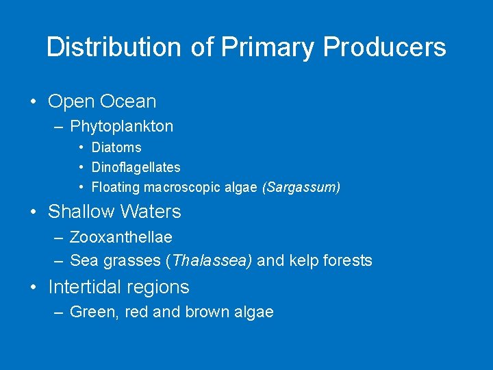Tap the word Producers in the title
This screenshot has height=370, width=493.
click(x=384, y=47)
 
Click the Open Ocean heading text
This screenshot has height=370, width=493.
click(x=102, y=101)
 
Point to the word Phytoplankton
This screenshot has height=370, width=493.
click(x=122, y=126)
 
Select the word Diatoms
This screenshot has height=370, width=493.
click(x=116, y=147)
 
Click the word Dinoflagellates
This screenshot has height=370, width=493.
click(x=136, y=167)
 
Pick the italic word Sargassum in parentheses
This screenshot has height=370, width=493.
click(x=301, y=187)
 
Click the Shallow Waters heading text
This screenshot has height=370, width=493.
click(x=114, y=212)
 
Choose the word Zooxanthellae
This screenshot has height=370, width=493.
click(x=121, y=237)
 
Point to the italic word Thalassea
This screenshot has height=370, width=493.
click(x=212, y=260)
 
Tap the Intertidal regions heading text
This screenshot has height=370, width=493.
click(x=118, y=287)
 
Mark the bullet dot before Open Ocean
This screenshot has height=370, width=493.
click(x=34, y=102)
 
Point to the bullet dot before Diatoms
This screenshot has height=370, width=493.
click(x=81, y=147)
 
